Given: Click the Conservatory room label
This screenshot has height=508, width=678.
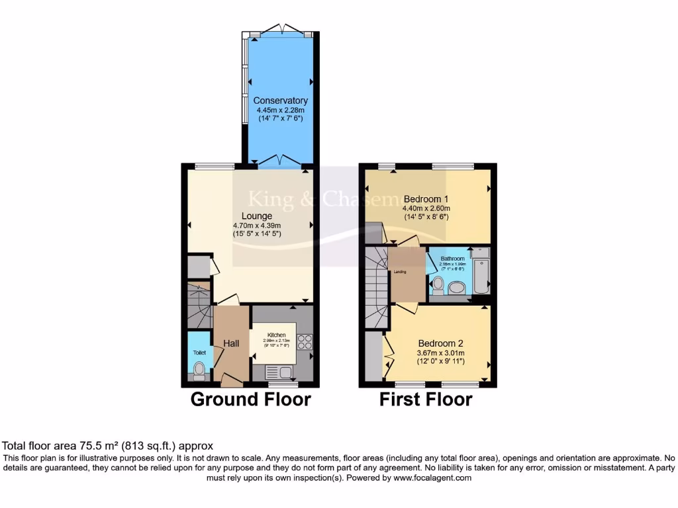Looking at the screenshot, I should [x=281, y=101].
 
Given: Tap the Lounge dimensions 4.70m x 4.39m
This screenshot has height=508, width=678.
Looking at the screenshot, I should [x=256, y=225].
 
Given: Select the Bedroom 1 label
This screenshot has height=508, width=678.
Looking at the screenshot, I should [x=426, y=199].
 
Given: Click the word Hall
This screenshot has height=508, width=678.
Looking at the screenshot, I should [x=231, y=343].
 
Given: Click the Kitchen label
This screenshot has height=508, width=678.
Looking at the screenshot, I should [x=276, y=335].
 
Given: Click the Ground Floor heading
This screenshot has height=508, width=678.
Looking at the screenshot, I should [x=250, y=400].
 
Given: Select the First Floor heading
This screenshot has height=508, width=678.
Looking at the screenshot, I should [x=425, y=400].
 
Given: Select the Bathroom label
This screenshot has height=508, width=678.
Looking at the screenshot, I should [x=453, y=259].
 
